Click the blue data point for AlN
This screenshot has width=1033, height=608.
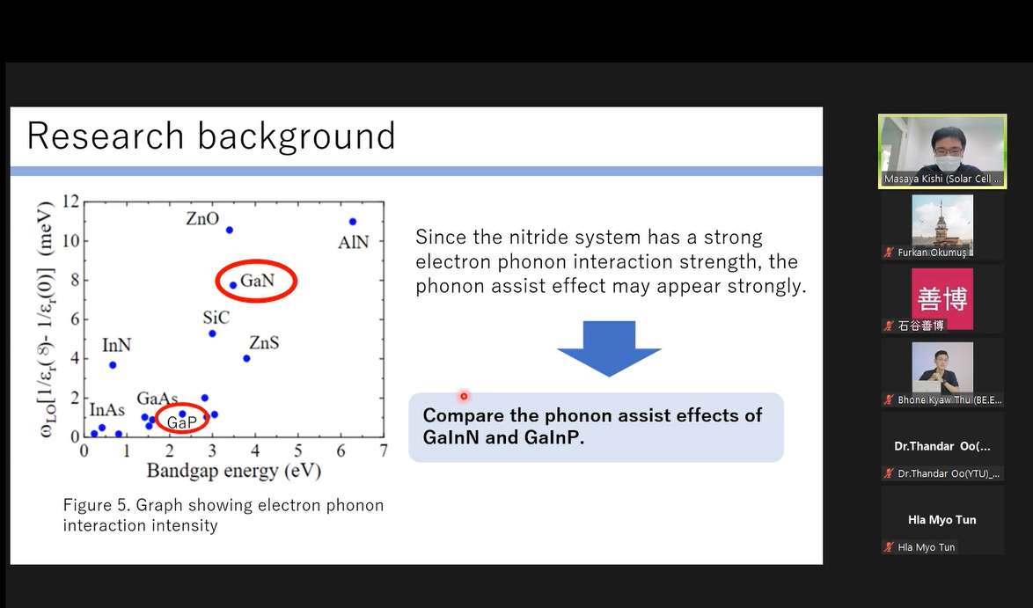point(353,222)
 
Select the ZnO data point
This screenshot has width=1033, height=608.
point(230,230)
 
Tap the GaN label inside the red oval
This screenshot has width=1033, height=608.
point(257,281)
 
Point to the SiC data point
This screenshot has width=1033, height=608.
point(212,333)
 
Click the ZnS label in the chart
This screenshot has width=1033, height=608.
point(263,342)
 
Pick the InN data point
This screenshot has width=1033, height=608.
point(113,365)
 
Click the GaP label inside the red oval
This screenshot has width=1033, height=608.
point(181,422)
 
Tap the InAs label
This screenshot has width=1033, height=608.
point(106,410)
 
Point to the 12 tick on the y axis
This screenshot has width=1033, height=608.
point(70,201)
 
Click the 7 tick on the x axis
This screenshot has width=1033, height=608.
point(384,451)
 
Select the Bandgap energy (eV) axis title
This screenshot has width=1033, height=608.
point(233,471)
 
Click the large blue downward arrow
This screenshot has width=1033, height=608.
point(609,348)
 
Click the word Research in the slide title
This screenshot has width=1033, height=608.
point(106,136)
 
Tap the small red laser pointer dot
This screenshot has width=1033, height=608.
point(464,396)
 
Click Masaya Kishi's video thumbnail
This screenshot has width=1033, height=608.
point(942,151)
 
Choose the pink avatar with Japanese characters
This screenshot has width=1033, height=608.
point(942,299)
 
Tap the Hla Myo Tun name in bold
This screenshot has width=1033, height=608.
point(942,520)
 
